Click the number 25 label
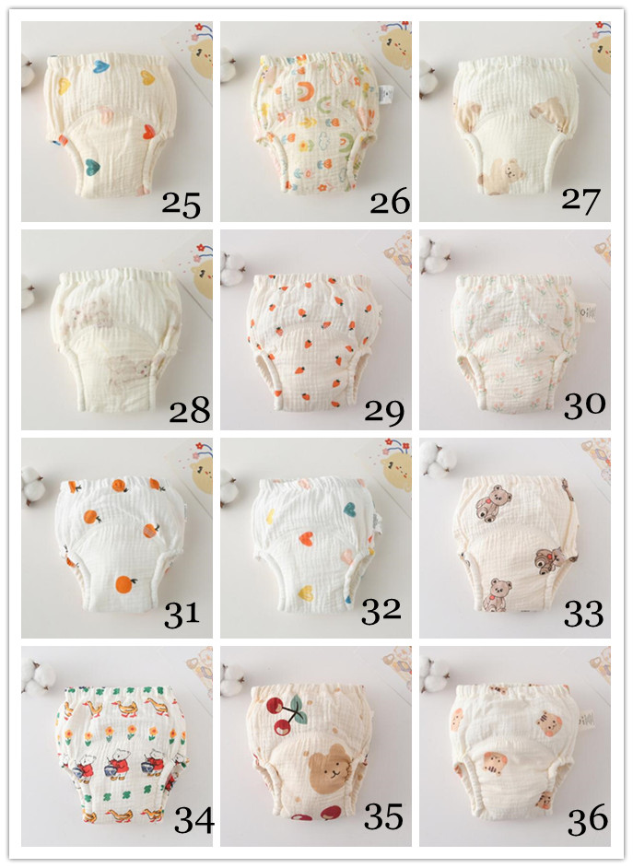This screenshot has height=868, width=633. (181, 205)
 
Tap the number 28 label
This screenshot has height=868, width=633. (189, 410)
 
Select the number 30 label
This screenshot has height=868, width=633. (584, 405)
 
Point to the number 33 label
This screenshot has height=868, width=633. (584, 614)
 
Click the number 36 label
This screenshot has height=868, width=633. (588, 820)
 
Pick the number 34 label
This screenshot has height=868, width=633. (194, 820)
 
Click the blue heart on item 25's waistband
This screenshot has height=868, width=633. (101, 67)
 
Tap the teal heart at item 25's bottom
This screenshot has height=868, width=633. (92, 165)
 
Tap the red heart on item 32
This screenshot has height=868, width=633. (307, 538)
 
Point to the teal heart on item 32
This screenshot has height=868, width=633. (349, 509)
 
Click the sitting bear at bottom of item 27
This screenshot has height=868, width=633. (500, 177)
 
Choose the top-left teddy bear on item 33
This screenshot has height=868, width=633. (492, 503)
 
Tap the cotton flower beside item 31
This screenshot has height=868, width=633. (33, 486)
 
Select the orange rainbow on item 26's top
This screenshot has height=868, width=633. (304, 90)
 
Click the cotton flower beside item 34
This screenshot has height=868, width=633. (37, 677)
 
